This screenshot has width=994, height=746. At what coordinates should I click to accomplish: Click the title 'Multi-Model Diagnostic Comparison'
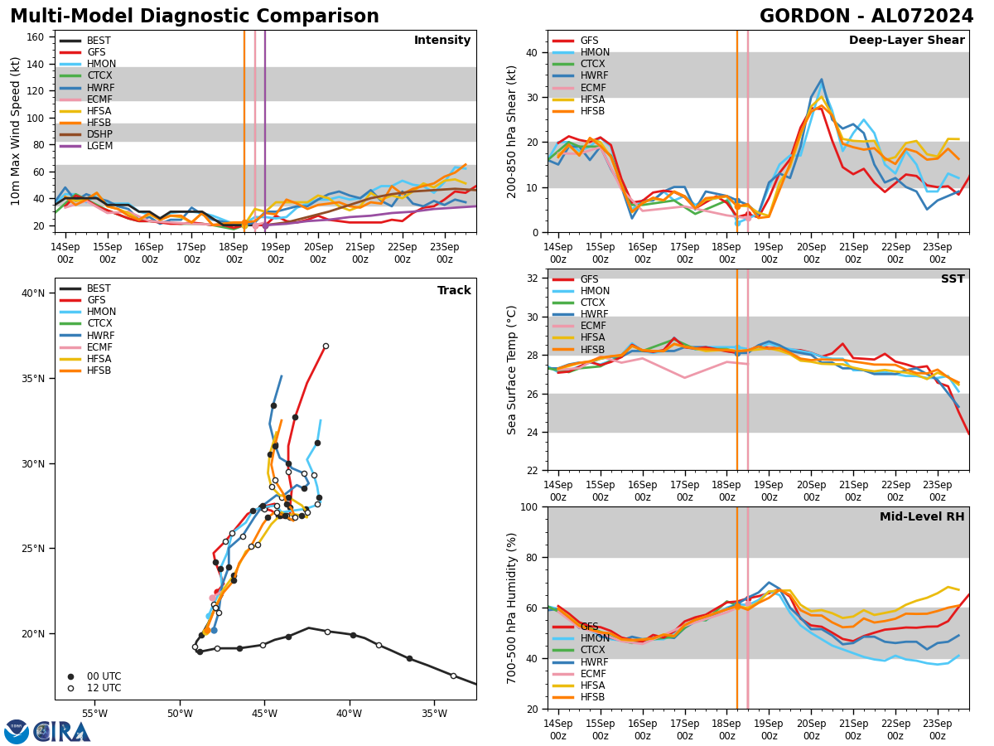(x=195, y=17)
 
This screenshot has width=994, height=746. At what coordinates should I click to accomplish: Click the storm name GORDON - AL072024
(x=866, y=17)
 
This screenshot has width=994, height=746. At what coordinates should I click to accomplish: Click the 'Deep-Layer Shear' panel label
(x=906, y=41)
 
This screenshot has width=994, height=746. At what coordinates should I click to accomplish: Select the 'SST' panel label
(x=953, y=279)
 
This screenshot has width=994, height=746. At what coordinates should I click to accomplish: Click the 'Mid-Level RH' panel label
(x=922, y=517)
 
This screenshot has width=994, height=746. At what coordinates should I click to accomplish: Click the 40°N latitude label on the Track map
(x=34, y=293)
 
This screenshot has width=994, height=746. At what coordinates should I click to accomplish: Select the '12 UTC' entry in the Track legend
(x=103, y=688)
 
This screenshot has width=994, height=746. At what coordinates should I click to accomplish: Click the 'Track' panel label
(x=454, y=291)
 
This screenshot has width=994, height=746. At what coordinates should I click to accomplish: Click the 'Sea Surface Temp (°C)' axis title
(x=513, y=370)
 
